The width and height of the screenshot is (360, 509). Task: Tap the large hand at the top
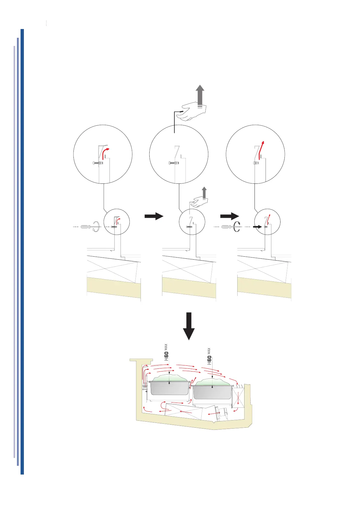point(194,111)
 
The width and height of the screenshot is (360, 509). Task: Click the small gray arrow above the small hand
point(204,193)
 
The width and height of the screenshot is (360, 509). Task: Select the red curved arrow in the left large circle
point(105,153)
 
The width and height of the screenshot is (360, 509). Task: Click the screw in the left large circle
point(97,163)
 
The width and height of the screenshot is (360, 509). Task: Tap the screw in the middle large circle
point(174,163)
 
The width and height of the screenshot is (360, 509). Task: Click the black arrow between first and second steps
point(154,216)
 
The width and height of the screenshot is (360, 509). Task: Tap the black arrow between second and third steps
point(229,216)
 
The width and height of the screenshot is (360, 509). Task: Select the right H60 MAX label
point(209,356)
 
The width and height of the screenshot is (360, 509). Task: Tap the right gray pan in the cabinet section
point(212,392)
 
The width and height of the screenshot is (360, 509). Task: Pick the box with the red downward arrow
point(238,398)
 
